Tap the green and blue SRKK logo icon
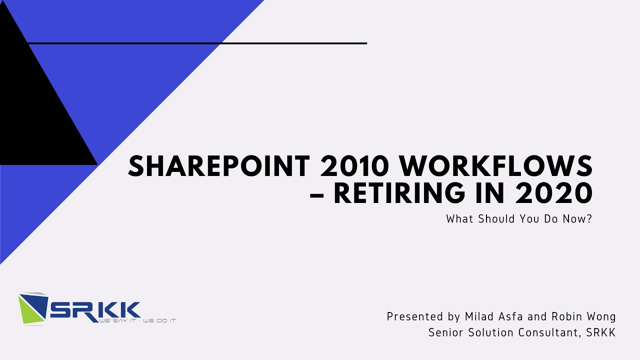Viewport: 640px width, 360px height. point(32,307)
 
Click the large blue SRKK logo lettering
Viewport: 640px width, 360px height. point(95,309)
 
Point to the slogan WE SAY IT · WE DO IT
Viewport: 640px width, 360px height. point(137,320)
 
